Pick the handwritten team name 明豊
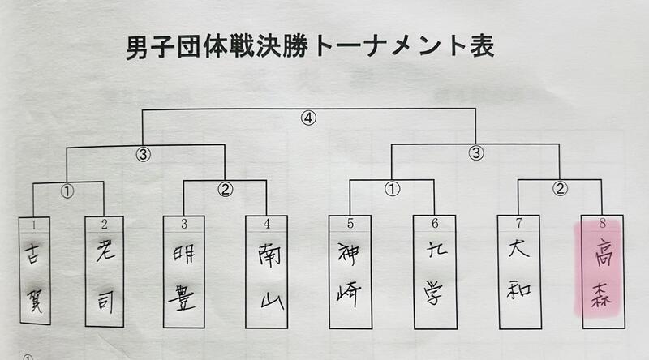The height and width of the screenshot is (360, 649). [x=183, y=272]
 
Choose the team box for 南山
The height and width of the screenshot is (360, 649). [x=267, y=272]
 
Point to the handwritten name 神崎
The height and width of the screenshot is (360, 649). [x=350, y=272]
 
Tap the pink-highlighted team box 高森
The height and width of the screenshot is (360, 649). [x=601, y=272]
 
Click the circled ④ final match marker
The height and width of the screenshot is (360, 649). [x=308, y=118]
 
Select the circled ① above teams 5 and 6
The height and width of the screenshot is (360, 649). [x=392, y=192]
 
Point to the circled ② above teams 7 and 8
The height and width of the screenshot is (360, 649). [x=559, y=192]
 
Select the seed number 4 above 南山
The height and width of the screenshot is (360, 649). [x=267, y=222]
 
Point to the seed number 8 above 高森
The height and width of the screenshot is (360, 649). [x=601, y=222]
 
